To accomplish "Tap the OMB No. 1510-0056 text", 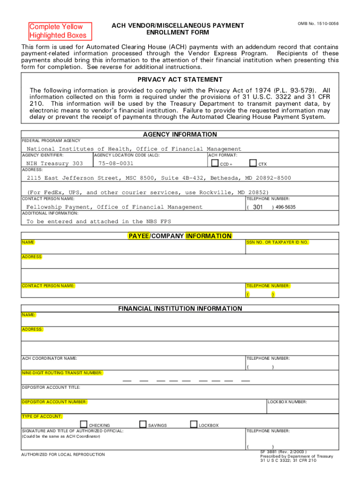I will (x=318, y=23).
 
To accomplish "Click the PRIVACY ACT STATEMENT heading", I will (x=180, y=80).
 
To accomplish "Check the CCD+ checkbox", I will (x=215, y=163).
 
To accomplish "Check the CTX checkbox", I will (x=253, y=163).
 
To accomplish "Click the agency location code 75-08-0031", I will (x=115, y=164).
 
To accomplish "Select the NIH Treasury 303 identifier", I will (x=55, y=164).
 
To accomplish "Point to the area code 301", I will (x=258, y=207).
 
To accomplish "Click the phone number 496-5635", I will (x=286, y=207).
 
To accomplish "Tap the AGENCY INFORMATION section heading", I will (x=180, y=134).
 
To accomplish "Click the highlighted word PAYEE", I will (x=139, y=236).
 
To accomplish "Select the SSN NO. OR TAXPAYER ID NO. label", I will (x=277, y=242).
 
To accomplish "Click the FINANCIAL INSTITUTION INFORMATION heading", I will (x=180, y=309).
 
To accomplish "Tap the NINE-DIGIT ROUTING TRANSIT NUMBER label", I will (x=62, y=373).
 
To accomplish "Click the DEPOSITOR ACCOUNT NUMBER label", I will (x=54, y=402).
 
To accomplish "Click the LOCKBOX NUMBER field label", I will (x=287, y=402).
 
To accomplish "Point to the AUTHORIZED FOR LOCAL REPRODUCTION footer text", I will (x=63, y=454).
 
